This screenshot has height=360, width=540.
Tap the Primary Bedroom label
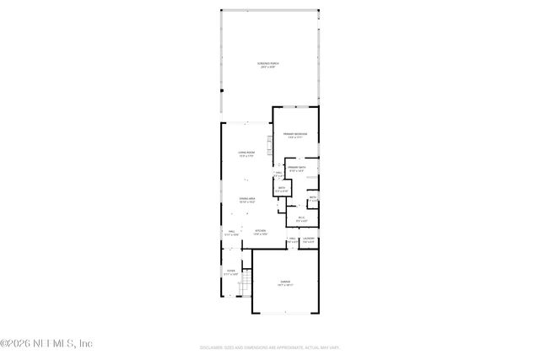294,134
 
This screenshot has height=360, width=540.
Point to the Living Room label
246,152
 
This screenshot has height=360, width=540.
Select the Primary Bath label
295,168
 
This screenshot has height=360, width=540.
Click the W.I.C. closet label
301,218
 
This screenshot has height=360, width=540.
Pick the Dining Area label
247,199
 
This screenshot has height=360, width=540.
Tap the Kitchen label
261,230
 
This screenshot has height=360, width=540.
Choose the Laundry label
309,239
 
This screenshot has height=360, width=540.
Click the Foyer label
231,271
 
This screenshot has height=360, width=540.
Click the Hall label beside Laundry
293,239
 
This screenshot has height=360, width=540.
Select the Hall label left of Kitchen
231,230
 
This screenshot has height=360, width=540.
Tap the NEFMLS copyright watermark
46,343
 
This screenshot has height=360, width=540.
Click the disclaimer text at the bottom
269,346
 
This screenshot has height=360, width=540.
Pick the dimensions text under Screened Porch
270,67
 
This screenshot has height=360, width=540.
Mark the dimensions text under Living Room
246,156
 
